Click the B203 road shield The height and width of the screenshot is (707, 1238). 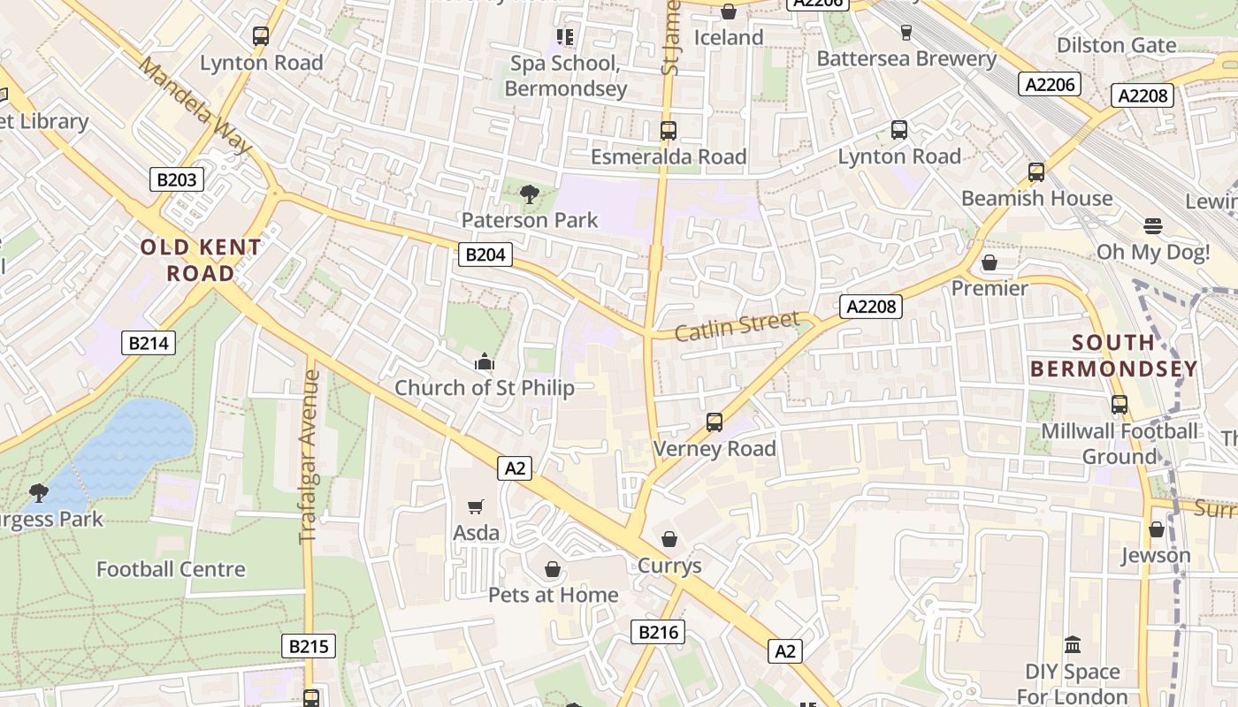177,180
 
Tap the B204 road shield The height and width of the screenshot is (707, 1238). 485,255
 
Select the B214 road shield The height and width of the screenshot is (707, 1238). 149,343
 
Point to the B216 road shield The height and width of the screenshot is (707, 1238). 658,632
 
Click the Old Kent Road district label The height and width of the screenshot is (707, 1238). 201,260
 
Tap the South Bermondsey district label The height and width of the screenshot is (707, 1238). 1113,355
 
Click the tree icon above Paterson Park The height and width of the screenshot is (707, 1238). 530,194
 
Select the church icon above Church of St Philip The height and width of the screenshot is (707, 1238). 484,361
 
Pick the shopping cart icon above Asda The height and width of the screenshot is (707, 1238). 476,506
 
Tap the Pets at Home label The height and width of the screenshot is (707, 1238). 554,595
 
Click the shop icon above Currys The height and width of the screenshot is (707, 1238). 669,539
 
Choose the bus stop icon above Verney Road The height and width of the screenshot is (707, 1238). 715,422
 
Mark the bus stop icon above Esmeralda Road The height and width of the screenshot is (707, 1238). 669,131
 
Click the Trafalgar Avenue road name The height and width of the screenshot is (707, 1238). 309,456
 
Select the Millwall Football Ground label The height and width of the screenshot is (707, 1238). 1120,444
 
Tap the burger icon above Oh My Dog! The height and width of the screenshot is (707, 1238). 1153,226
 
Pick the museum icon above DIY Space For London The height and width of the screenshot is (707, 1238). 1073,645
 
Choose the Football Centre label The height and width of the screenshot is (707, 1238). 171,569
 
